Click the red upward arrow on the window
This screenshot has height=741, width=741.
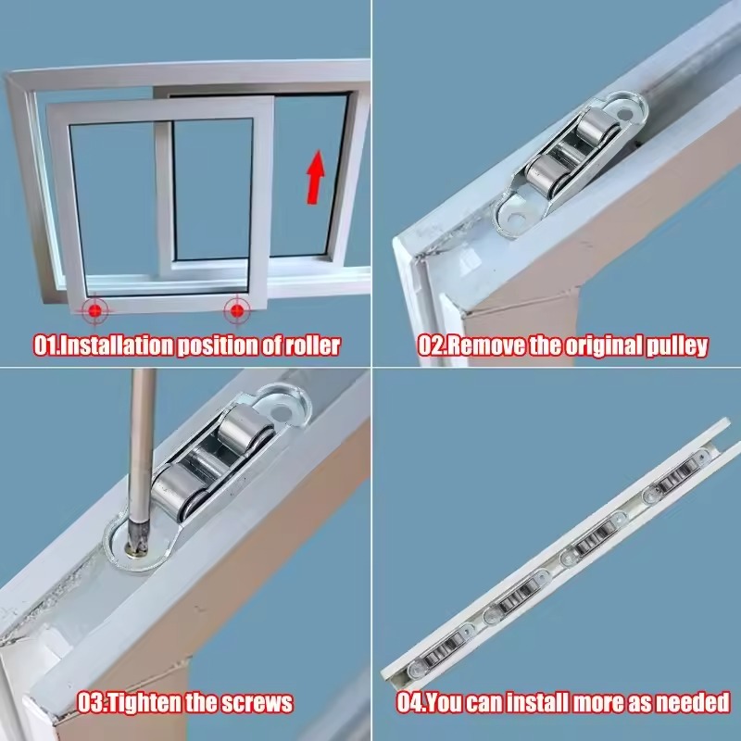pyautogui.click(x=316, y=177)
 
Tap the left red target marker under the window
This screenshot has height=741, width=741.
pyautogui.click(x=95, y=311)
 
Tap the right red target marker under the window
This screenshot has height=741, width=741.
pyautogui.click(x=237, y=311)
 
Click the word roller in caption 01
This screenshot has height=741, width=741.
pyautogui.click(x=312, y=345)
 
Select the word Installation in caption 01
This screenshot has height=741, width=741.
pyautogui.click(x=118, y=345)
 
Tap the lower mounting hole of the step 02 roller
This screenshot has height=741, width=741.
pyautogui.click(x=516, y=219)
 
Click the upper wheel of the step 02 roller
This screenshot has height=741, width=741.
pyautogui.click(x=597, y=129)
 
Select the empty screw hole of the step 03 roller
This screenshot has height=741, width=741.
pyautogui.click(x=283, y=413)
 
